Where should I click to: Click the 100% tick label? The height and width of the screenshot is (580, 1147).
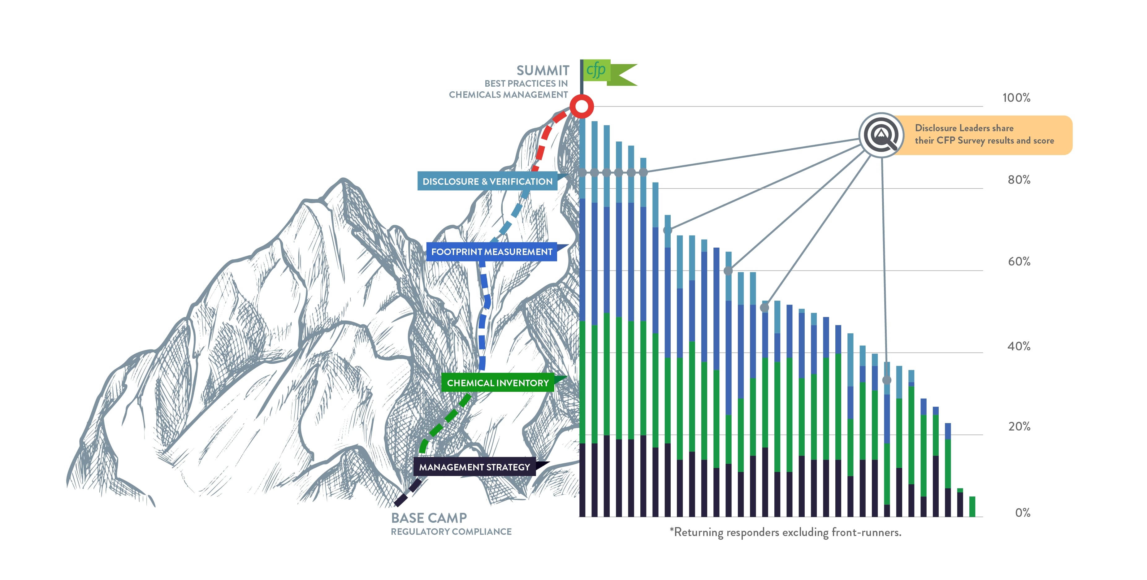1016,98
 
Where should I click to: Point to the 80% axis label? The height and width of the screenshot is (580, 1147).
1019,180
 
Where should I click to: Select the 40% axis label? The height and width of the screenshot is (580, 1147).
1019,346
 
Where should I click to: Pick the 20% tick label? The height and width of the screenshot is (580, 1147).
1019,426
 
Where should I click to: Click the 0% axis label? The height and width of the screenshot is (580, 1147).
1022,513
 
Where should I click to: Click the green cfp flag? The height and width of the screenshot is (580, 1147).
608,72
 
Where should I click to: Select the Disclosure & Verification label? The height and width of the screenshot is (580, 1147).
487,181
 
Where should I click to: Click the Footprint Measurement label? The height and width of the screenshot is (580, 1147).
491,252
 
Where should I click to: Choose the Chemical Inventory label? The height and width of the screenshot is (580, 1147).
498,383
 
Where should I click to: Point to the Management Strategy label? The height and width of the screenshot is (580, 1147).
475,467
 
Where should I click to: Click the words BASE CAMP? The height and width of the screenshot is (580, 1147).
429,518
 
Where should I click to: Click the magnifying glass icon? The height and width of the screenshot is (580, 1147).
881,134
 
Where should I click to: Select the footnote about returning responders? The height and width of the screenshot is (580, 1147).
786,532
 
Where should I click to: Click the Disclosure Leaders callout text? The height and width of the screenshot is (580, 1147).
984,134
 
